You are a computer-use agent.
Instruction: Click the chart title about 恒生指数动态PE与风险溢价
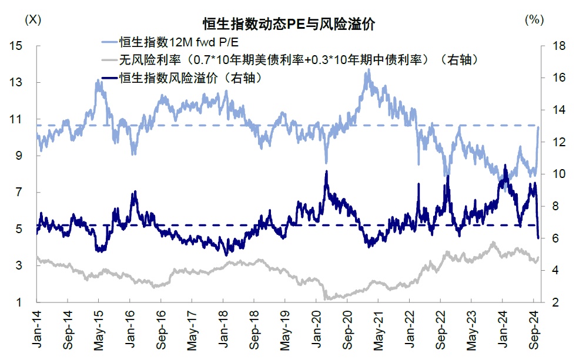289,25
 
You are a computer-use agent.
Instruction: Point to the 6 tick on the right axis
552,238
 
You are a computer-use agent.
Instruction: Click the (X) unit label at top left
33,19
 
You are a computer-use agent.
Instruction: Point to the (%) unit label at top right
533,19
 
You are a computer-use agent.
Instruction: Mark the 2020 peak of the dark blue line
326,171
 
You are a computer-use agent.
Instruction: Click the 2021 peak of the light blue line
369,70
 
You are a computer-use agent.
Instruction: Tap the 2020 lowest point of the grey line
327,299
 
